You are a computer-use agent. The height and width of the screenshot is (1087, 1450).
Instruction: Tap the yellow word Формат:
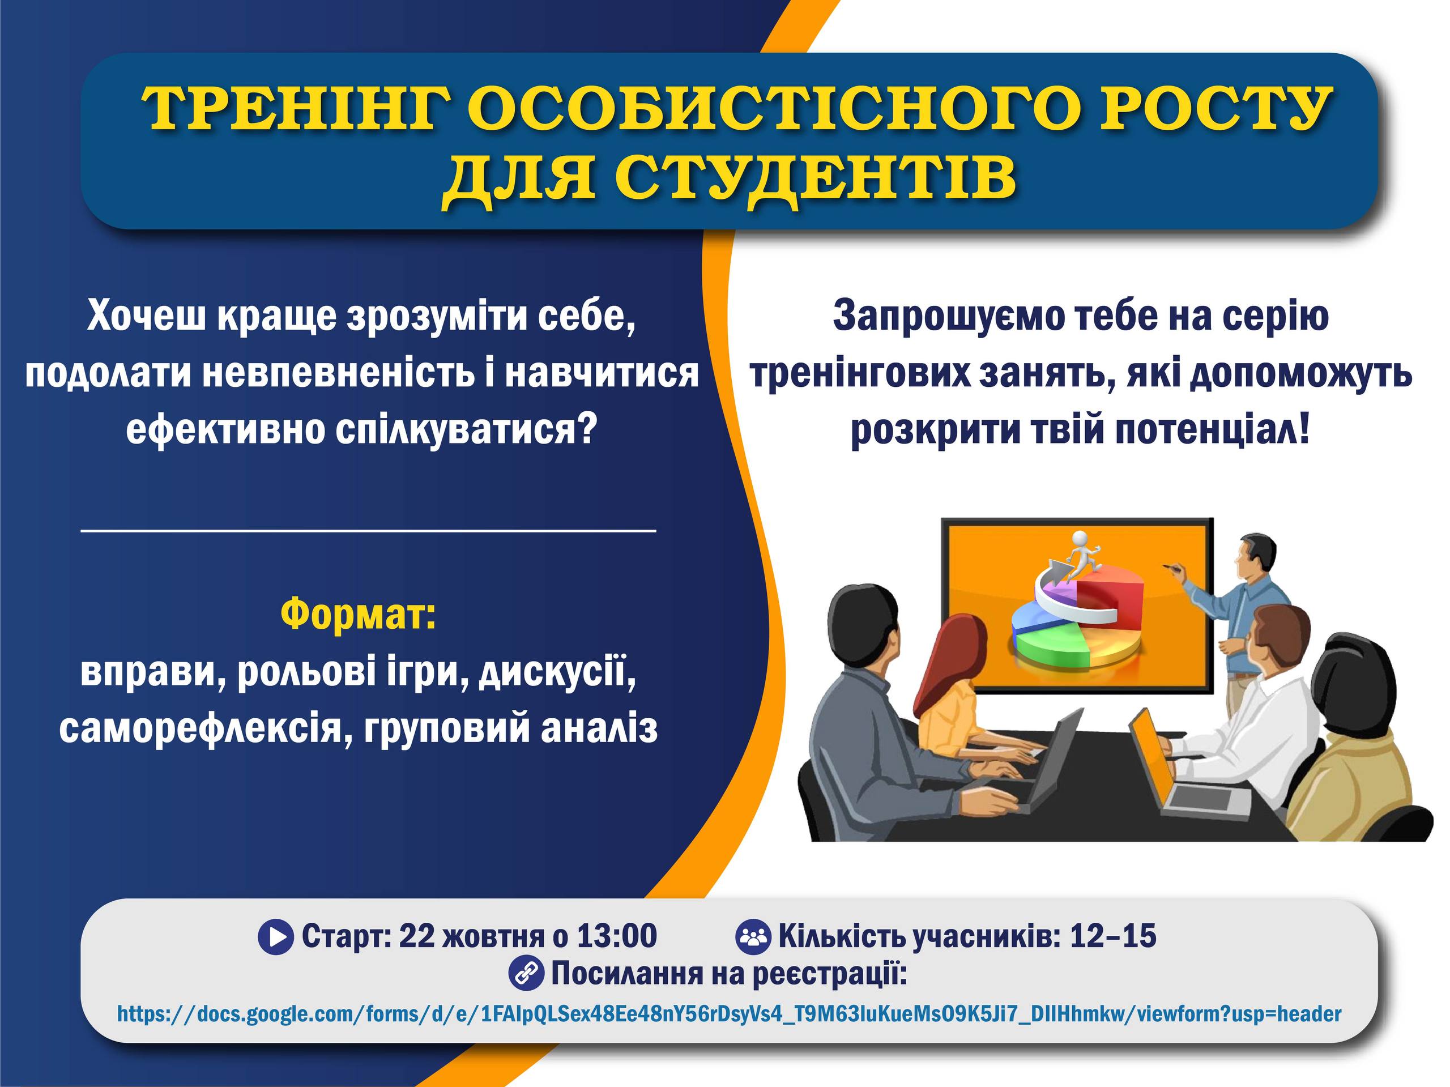point(359,613)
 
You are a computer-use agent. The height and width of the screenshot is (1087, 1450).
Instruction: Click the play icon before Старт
point(276,937)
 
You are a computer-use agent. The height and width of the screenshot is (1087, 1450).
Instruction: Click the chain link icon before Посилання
point(526,973)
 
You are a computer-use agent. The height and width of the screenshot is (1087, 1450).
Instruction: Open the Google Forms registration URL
point(729,1014)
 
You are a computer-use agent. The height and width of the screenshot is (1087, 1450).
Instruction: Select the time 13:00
point(617,936)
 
